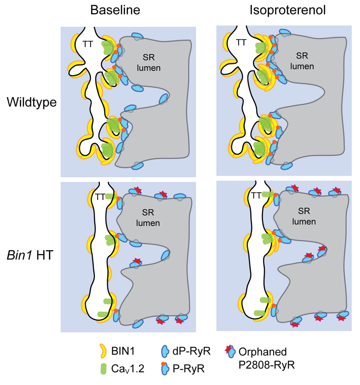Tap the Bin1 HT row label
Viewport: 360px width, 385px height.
[29, 253]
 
